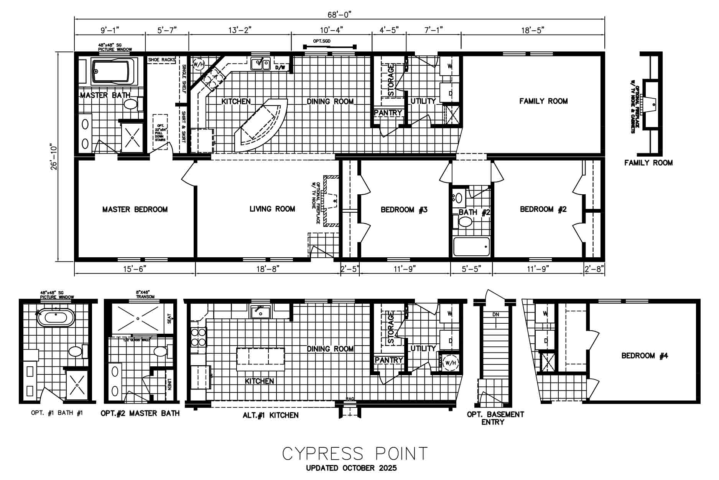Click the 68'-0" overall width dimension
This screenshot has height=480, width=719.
point(339,15)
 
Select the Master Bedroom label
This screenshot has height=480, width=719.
point(135,210)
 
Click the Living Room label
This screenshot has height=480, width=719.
point(272,209)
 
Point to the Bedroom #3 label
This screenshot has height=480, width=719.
point(404,210)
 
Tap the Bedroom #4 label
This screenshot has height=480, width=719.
point(645,356)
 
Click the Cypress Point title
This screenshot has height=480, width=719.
point(355,454)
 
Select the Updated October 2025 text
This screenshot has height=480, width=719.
point(351,468)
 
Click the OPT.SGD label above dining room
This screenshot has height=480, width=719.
point(322,41)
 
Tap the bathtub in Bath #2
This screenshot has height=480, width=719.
point(472,247)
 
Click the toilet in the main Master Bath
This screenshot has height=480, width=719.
point(131,104)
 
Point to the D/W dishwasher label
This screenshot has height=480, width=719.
point(280,68)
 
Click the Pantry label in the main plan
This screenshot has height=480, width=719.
point(388,113)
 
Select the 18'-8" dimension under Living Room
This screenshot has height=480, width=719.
point(268,269)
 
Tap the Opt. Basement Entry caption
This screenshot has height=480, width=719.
point(495,418)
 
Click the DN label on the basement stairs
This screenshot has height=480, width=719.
point(496,314)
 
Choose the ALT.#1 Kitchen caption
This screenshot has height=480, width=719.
point(270,415)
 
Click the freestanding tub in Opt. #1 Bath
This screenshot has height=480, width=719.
point(56,318)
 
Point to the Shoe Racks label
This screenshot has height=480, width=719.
point(161,60)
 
